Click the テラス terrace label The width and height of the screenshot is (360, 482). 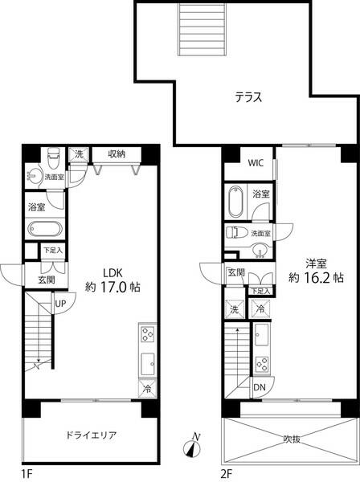pyautogui.click(x=248, y=97)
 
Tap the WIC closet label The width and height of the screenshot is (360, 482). pyautogui.click(x=256, y=163)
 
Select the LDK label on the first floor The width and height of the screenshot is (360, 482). pyautogui.click(x=112, y=272)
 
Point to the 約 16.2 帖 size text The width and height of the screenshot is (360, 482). pyautogui.click(x=316, y=278)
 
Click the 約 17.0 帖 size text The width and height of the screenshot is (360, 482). pyautogui.click(x=112, y=287)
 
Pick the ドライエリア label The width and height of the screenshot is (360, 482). pyautogui.click(x=92, y=435)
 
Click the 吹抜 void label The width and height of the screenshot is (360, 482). pyautogui.click(x=292, y=439)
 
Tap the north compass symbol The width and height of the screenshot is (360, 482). pyautogui.click(x=192, y=447)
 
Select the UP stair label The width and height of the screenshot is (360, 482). pyautogui.click(x=60, y=304)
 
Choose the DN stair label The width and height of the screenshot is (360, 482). pyautogui.click(x=260, y=387)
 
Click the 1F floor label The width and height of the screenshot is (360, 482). pyautogui.click(x=27, y=474)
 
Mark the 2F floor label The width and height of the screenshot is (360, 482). pyautogui.click(x=227, y=474)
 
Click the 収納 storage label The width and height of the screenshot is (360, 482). pyautogui.click(x=117, y=154)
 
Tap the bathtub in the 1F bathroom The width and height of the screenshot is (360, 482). pyautogui.click(x=45, y=229)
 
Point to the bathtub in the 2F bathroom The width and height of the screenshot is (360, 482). pyautogui.click(x=235, y=202)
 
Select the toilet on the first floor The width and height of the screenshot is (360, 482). pyautogui.click(x=53, y=157)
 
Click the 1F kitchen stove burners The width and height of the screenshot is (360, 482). pyautogui.click(x=147, y=334)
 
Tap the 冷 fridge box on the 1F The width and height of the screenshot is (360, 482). pyautogui.click(x=147, y=388)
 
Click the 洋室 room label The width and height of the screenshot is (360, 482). pyautogui.click(x=316, y=263)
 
